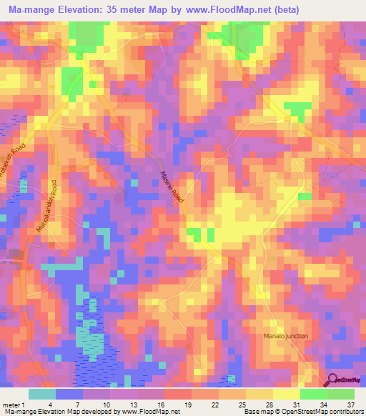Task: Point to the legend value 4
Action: (69, 404)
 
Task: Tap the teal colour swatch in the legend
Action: (42, 394)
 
